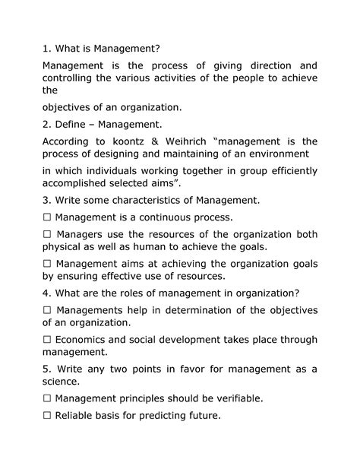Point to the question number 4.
coord(46,293)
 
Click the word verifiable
coord(238,398)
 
